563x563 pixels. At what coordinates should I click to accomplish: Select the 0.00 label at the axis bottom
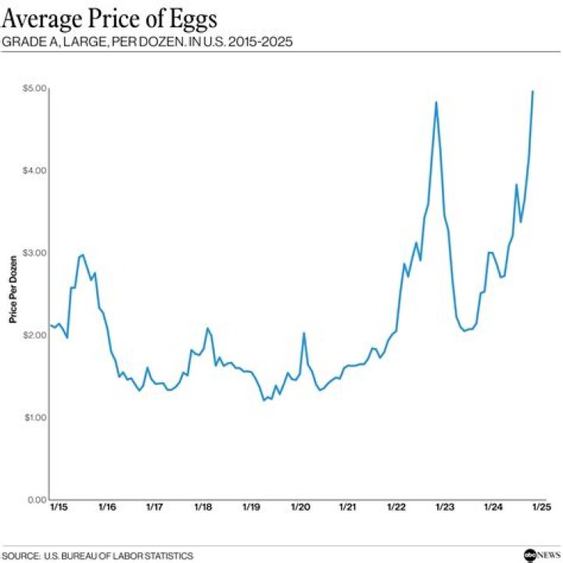(x=36, y=500)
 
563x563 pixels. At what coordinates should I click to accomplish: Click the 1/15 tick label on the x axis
(x=59, y=507)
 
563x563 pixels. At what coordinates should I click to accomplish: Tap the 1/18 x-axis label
(x=203, y=507)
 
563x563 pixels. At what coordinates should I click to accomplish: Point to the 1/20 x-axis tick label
(x=300, y=507)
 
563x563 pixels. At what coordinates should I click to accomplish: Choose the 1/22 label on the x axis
(x=396, y=507)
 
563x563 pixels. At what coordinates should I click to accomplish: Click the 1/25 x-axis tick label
(x=541, y=507)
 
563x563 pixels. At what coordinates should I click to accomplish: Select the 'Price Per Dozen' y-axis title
(x=12, y=294)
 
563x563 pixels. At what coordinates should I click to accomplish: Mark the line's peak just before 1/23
(x=436, y=102)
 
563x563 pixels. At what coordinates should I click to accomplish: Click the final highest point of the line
(x=533, y=91)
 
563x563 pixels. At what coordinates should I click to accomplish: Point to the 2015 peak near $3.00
(x=82, y=255)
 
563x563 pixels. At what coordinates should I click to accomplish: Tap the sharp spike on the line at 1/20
(x=303, y=333)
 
